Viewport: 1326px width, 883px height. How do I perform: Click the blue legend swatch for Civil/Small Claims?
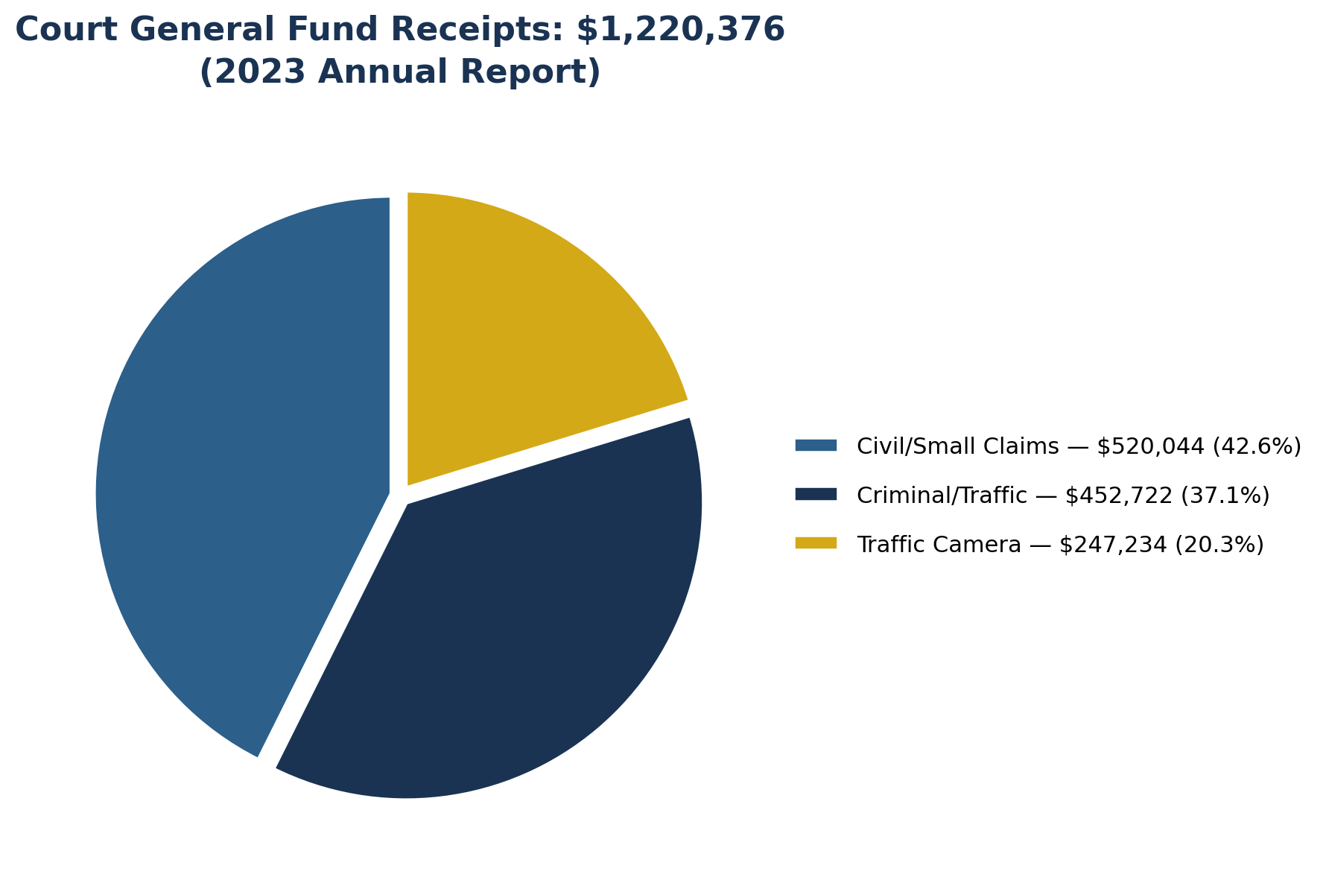[x=816, y=446]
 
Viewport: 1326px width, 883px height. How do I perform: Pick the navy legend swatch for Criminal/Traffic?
[x=816, y=495]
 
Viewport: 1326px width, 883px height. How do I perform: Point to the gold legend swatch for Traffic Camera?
[x=816, y=544]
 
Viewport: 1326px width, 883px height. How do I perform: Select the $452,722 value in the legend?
[x=1118, y=496]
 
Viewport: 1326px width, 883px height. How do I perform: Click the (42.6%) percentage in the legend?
[x=1257, y=446]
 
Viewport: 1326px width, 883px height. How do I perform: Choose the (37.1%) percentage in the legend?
[x=1225, y=496]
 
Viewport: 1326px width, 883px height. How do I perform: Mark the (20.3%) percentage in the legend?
[x=1219, y=545]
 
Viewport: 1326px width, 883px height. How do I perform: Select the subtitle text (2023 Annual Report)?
[x=400, y=72]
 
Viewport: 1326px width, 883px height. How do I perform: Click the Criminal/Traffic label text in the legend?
[x=942, y=496]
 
